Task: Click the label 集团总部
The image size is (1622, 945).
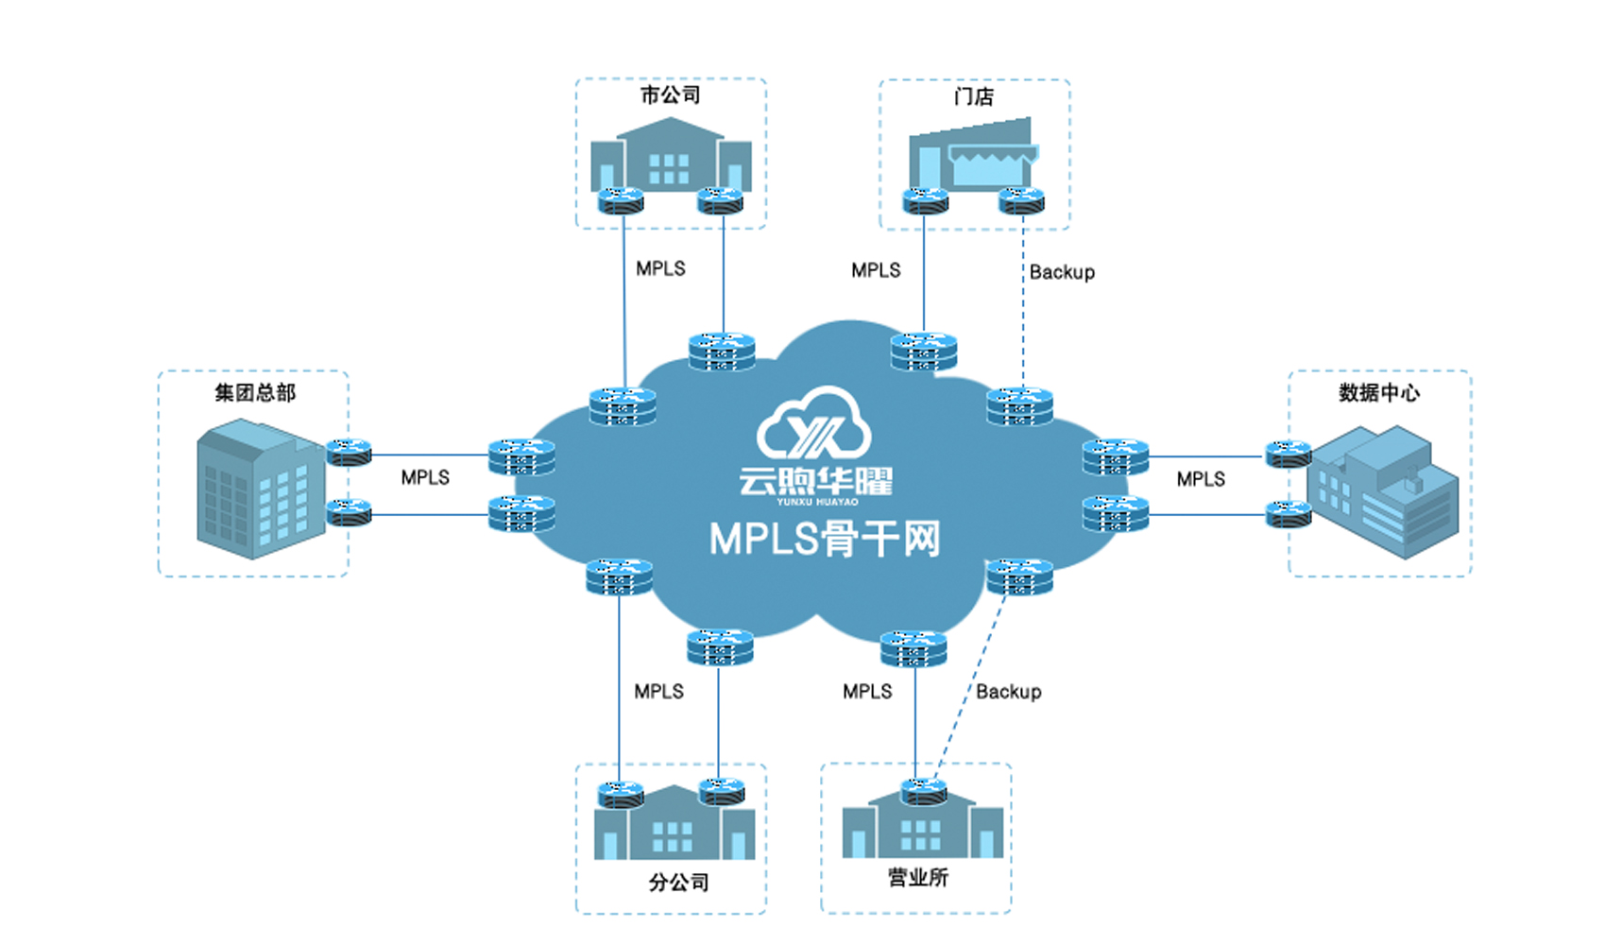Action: (255, 392)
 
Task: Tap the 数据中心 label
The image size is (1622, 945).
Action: (1378, 392)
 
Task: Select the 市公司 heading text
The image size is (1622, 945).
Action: (670, 95)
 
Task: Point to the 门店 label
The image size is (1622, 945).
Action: (973, 96)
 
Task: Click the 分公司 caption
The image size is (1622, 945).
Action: (678, 882)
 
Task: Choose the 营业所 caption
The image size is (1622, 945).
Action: (917, 877)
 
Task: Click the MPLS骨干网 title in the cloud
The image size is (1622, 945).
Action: (824, 540)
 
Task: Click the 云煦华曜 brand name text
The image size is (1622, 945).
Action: (815, 481)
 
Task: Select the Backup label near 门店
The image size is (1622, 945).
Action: (1062, 272)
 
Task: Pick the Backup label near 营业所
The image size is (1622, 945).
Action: (1008, 692)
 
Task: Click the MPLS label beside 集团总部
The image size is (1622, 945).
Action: (425, 477)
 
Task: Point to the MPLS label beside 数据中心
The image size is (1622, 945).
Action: (1200, 479)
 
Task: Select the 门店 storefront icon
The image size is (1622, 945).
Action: (973, 156)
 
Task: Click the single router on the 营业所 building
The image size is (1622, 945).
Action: (923, 791)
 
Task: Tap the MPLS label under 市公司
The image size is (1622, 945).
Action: (660, 268)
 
